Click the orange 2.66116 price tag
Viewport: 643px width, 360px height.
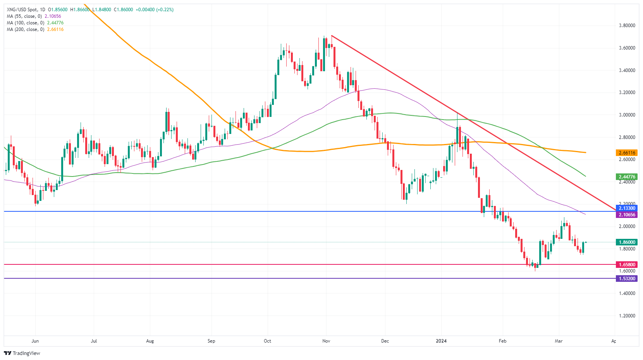pos(627,153)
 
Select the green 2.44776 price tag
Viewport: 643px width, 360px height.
pos(627,177)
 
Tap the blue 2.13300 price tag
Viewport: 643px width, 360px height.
pos(627,208)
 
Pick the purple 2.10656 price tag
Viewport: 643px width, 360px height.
pos(627,215)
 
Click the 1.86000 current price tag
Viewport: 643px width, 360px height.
pos(627,242)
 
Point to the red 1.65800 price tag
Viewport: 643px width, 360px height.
pos(627,265)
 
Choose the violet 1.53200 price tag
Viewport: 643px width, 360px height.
pos(627,279)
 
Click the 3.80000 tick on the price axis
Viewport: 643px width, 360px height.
pos(627,26)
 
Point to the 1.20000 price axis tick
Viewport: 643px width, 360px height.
pos(627,316)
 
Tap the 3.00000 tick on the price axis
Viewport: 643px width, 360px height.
pos(627,115)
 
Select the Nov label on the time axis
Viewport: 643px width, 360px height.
pos(326,341)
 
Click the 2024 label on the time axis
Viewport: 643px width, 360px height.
pos(441,341)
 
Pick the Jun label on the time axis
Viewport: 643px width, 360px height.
pos(35,341)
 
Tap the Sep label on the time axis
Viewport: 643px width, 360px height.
pos(211,341)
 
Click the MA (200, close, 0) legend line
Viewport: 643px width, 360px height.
pos(35,29)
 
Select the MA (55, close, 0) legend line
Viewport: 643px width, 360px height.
pos(34,16)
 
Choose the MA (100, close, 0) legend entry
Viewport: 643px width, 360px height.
pos(35,23)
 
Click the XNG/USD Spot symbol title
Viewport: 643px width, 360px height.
pos(22,10)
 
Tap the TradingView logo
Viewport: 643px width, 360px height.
pos(22,353)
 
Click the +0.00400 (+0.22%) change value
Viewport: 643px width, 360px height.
pos(154,10)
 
